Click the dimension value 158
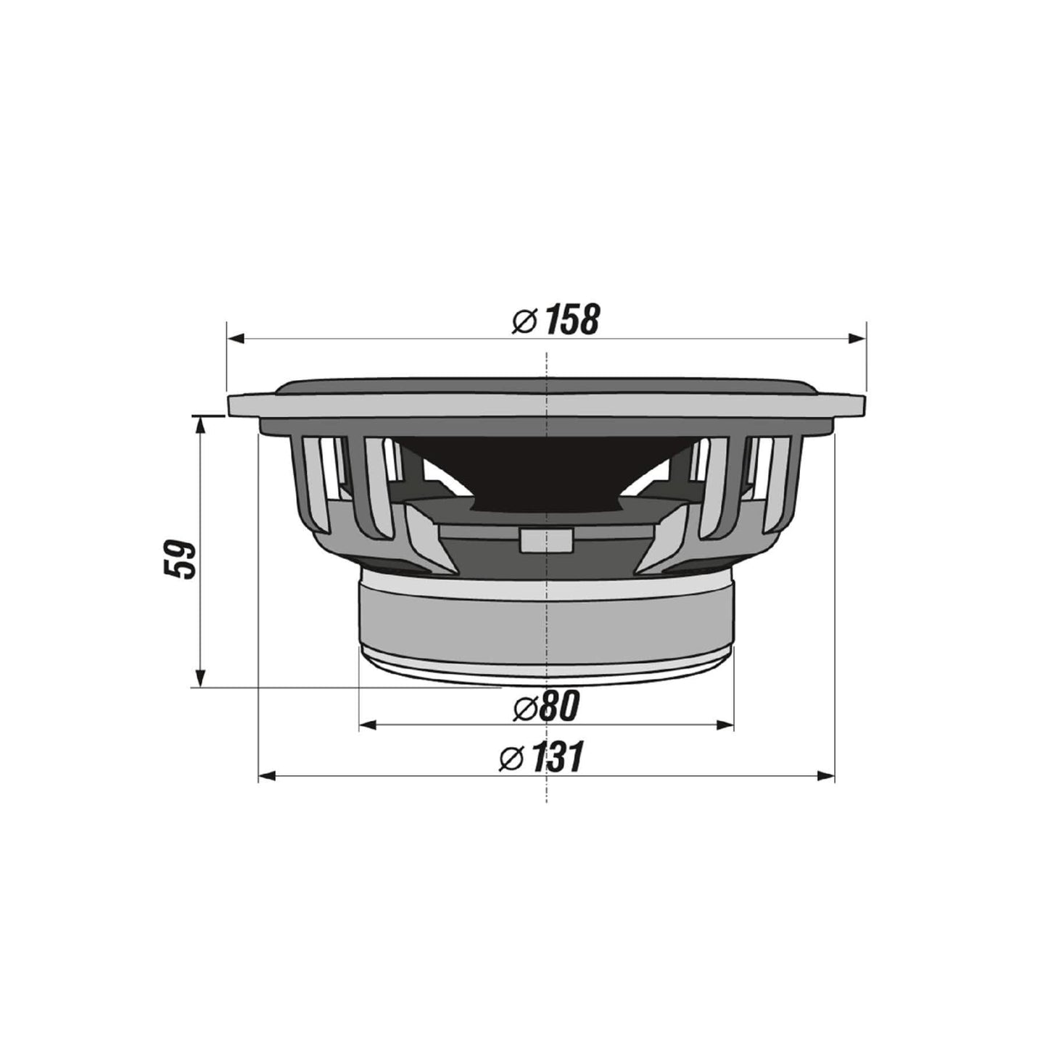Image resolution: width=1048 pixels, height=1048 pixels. coord(573,320)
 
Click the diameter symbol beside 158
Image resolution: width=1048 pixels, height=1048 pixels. coord(524,321)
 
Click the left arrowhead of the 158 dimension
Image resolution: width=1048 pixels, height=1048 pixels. coord(235,338)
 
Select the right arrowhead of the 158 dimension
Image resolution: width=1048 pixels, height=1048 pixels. coord(858,338)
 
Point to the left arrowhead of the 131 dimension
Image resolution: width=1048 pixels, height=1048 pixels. coord(266,777)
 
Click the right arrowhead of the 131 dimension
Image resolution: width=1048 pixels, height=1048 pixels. coord(827,777)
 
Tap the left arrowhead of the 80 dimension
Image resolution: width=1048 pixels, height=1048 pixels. coord(368,724)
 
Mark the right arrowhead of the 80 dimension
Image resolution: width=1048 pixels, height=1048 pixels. coord(726,724)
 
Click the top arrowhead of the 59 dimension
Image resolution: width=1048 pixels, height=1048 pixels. coord(201,424)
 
